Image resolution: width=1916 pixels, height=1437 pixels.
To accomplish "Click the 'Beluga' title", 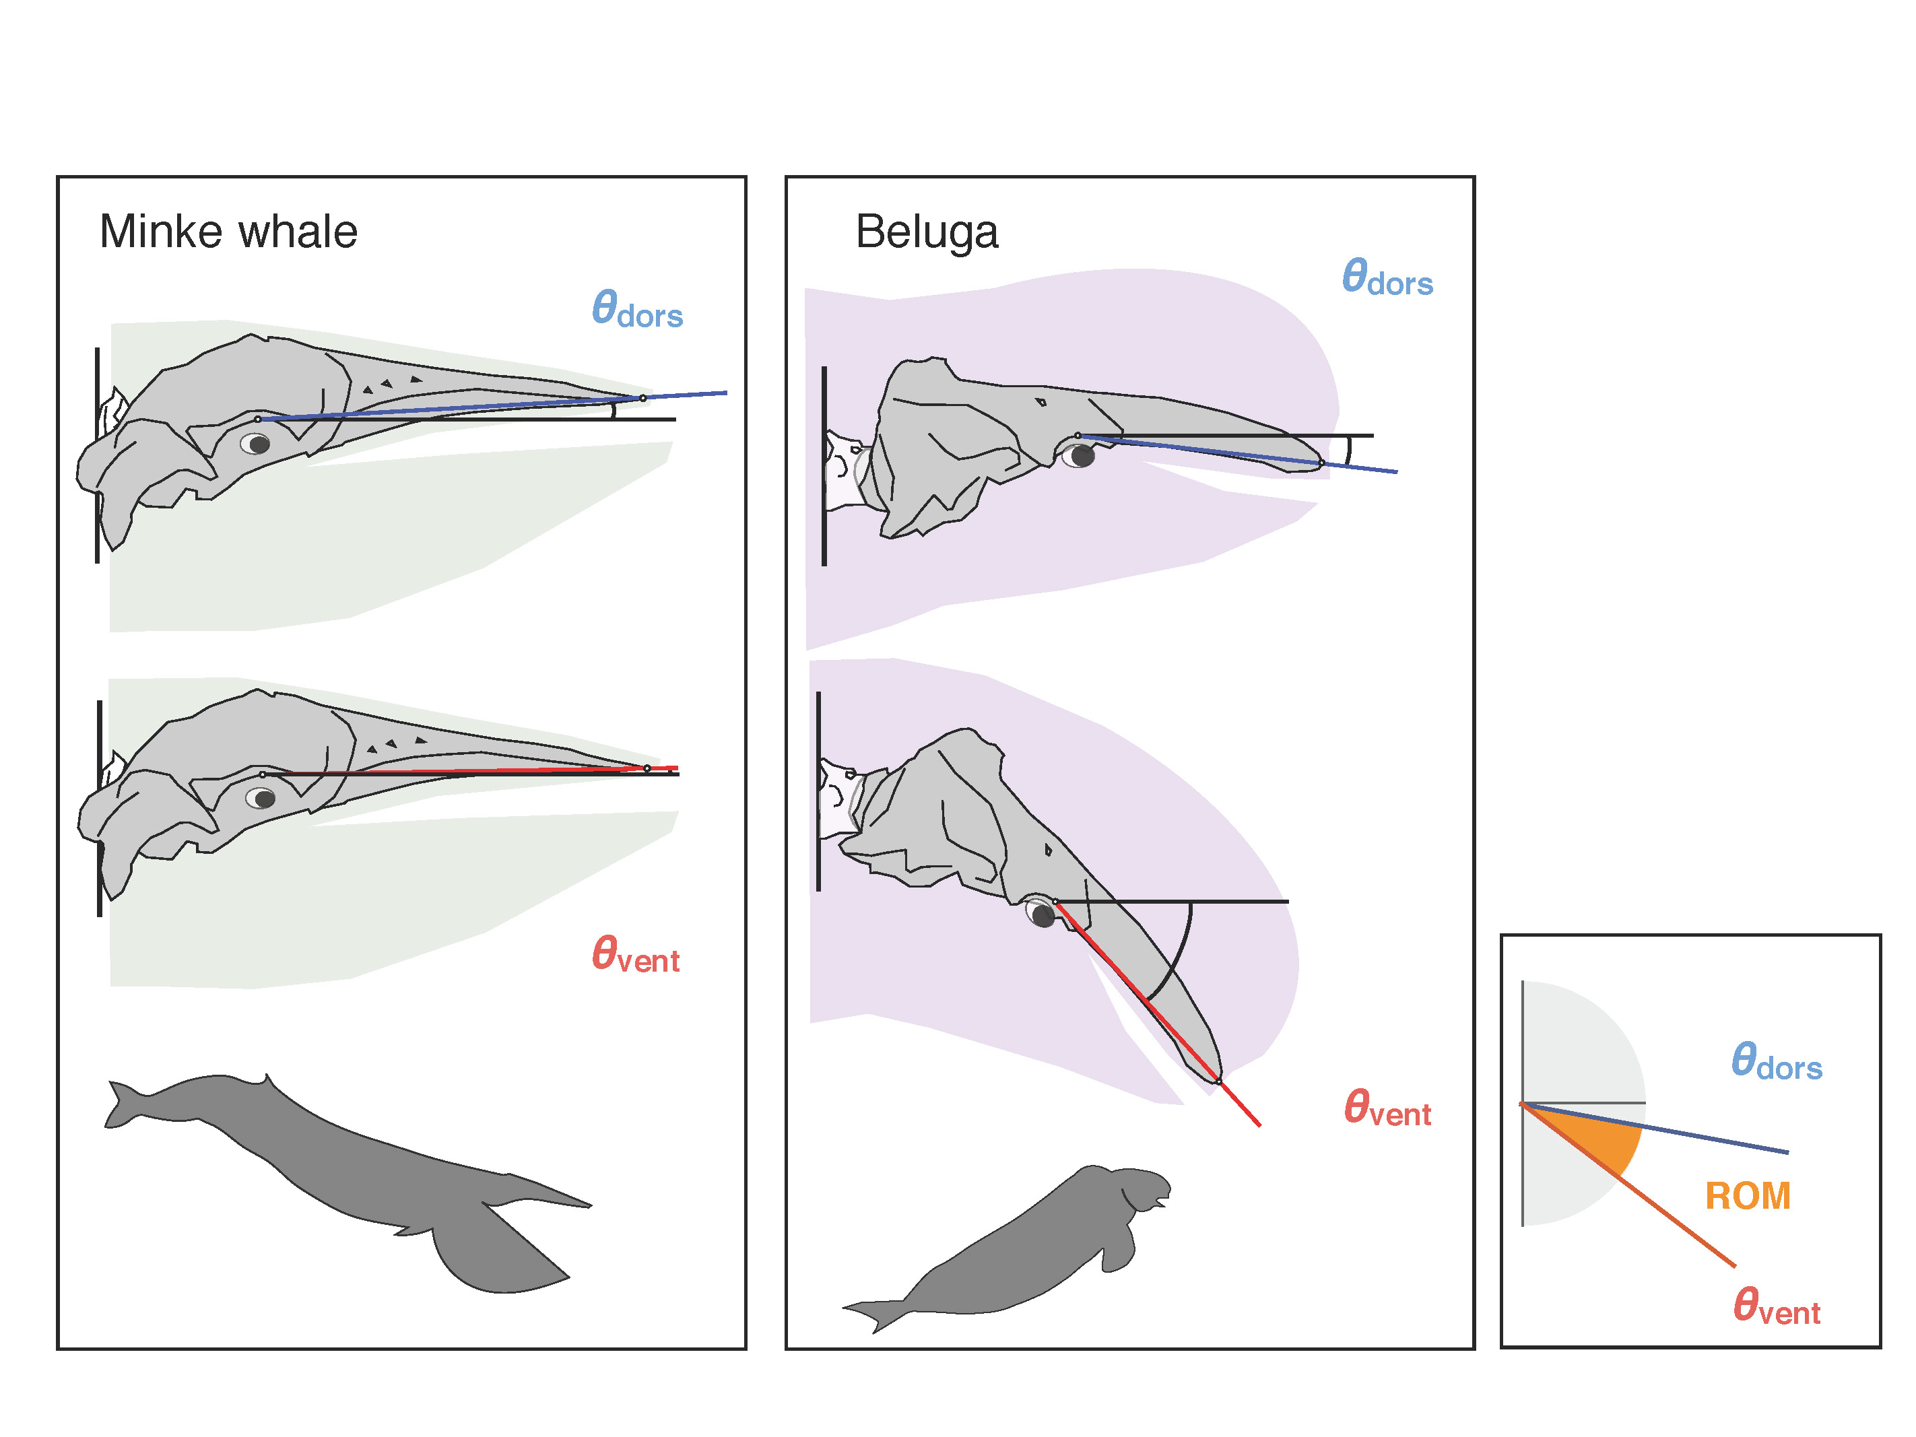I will coord(926,232).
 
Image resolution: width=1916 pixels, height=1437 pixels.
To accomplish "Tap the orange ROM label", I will coord(1747,1196).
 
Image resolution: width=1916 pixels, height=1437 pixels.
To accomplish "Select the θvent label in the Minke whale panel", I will coord(635,955).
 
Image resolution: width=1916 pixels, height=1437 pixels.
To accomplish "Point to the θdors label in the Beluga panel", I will coord(1387,278).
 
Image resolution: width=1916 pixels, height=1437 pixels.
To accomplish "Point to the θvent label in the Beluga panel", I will coord(1387,1108).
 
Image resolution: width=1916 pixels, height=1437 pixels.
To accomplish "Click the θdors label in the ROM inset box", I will coord(1776,1062).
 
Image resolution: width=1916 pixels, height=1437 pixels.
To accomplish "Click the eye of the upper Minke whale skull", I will coord(257,444).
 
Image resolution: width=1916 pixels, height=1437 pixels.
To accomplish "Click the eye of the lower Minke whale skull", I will coord(261,798).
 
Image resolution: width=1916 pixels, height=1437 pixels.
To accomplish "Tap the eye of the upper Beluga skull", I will coord(1080,456).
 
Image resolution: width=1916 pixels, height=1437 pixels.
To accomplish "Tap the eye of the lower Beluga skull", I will coord(1042,914).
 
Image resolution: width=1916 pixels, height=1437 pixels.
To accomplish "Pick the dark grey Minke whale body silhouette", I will coord(346,1161).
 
